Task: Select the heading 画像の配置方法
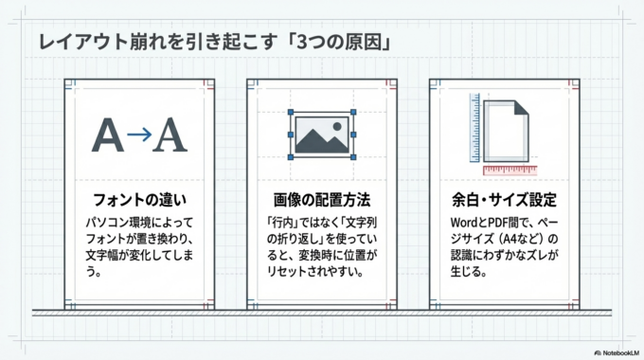click(x=322, y=201)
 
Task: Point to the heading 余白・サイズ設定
click(x=504, y=201)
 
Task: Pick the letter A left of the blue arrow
click(x=108, y=135)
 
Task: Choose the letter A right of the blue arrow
click(x=170, y=135)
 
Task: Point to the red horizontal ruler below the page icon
click(x=510, y=171)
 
